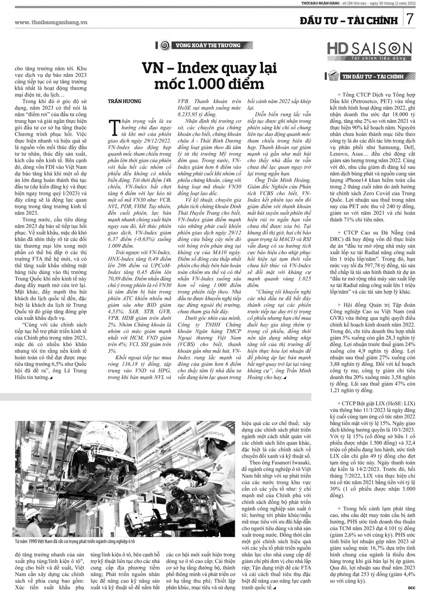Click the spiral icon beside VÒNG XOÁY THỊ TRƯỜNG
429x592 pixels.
(x=163, y=45)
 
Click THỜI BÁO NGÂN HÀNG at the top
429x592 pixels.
(x=322, y=4)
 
